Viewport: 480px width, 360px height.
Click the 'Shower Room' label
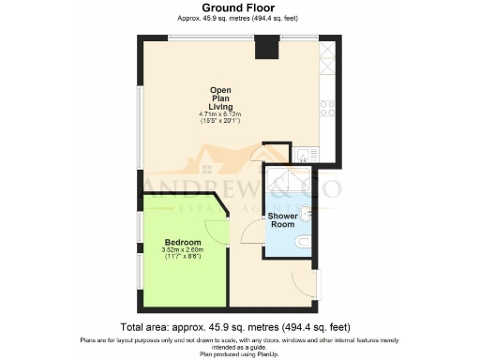[x=282, y=220]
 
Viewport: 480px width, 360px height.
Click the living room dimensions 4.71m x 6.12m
[x=221, y=117]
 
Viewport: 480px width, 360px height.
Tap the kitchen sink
[x=306, y=156]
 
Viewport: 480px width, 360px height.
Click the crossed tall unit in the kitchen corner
[x=328, y=52]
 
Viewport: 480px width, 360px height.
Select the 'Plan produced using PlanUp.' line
[x=241, y=354]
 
